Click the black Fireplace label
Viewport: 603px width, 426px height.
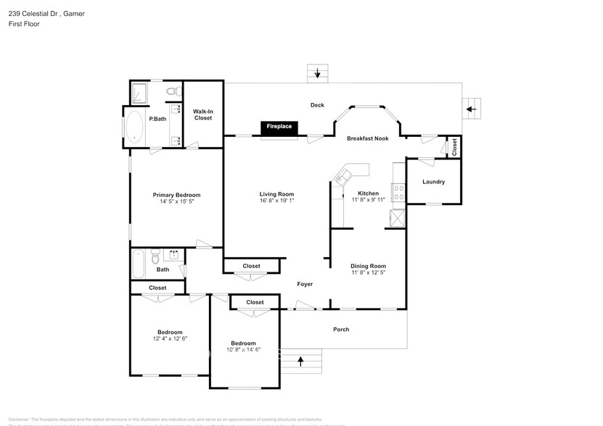tap(279, 127)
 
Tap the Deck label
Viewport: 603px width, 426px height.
tap(317, 105)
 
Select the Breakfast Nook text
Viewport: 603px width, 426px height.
tap(368, 138)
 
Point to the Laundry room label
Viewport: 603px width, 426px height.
tap(433, 182)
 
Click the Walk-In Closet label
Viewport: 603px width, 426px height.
tap(202, 114)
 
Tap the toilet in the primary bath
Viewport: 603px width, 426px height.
tap(172, 92)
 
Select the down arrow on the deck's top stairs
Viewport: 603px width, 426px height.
tap(317, 72)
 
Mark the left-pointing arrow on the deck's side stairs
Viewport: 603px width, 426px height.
tap(471, 109)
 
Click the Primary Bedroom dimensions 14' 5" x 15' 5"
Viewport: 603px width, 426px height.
tap(176, 202)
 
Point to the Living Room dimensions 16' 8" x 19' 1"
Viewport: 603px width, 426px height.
tap(276, 202)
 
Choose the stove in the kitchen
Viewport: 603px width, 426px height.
tap(398, 193)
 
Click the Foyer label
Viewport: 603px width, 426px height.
tap(305, 284)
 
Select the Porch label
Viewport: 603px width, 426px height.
tap(341, 330)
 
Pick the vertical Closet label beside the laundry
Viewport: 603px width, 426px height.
tap(454, 146)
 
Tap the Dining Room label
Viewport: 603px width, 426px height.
tap(368, 266)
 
